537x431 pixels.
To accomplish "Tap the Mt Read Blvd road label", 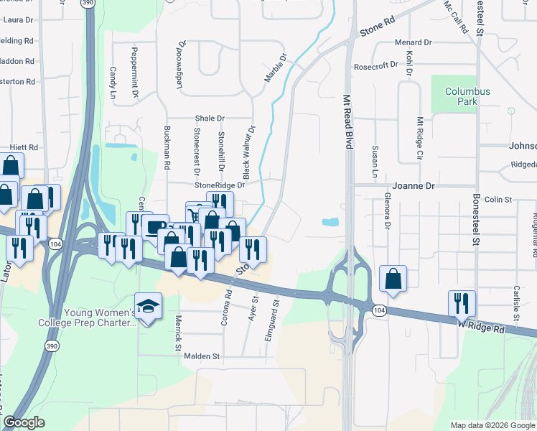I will click(348, 121).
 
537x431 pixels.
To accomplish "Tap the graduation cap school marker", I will click(148, 307).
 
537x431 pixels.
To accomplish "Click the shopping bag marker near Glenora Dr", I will click(393, 279).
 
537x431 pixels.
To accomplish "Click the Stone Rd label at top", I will click(378, 28).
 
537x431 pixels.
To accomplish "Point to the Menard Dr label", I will click(413, 42).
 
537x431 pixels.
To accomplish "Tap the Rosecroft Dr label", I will click(375, 66).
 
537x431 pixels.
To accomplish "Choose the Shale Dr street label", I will click(210, 119).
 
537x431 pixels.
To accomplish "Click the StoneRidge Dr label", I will click(220, 185).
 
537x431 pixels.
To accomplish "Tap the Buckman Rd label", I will click(167, 153).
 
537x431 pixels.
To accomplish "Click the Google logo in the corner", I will click(23, 422).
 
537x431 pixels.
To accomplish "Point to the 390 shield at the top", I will click(88, 4).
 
